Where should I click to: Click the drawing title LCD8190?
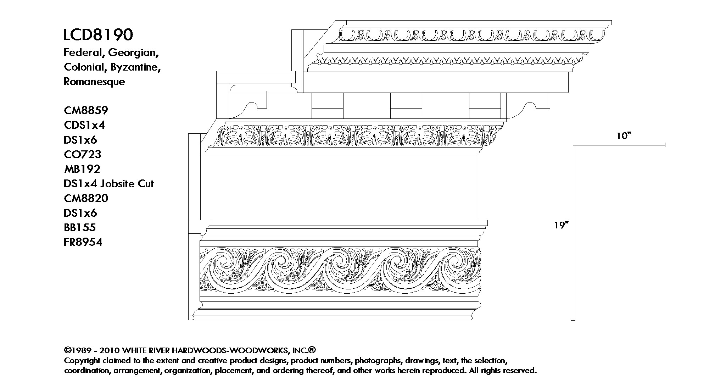[x=99, y=35]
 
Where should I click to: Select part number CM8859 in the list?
[x=86, y=111]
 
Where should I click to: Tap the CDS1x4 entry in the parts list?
[x=84, y=125]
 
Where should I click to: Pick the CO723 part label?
[x=83, y=154]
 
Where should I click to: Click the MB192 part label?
[x=82, y=169]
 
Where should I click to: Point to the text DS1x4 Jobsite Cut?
[x=109, y=184]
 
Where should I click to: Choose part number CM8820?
[x=86, y=198]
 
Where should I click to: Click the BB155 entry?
[x=80, y=227]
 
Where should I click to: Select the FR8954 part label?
[x=83, y=242]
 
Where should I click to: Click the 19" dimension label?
[x=562, y=225]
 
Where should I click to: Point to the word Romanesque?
[x=94, y=82]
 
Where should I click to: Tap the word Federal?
[x=84, y=53]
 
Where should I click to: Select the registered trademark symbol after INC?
[x=312, y=350]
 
